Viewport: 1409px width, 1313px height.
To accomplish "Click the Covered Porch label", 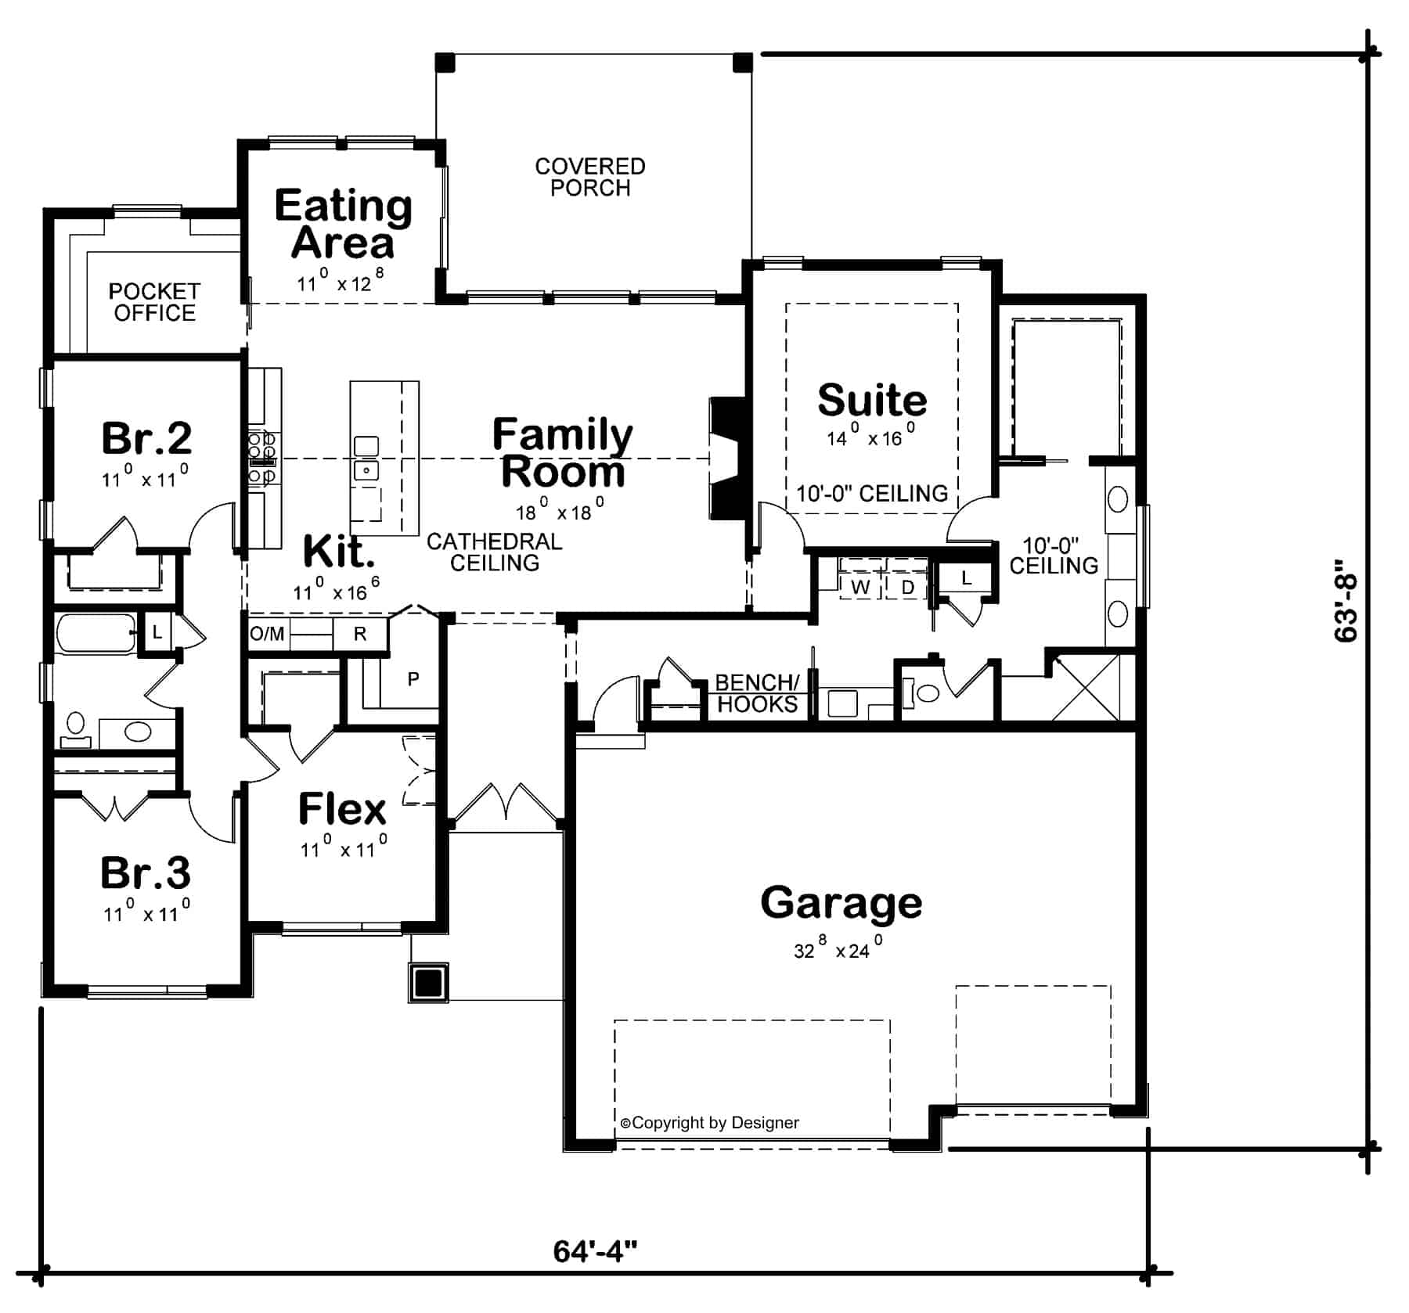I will point(589,177).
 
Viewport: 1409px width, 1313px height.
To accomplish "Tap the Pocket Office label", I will point(154,302).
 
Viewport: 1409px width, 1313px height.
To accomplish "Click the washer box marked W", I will point(860,587).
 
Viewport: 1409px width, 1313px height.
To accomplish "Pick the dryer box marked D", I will point(907,587).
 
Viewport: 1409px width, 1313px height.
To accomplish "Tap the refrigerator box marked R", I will point(359,634).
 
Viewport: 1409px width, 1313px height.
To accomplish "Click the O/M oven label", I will point(267,634).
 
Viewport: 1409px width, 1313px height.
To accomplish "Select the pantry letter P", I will point(413,679).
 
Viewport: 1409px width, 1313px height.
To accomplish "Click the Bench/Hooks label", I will point(756,693).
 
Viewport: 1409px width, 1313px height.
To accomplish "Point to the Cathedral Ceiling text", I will point(494,552).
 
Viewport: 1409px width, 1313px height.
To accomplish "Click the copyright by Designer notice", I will point(709,1123).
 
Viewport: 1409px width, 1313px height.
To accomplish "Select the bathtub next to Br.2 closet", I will point(95,635).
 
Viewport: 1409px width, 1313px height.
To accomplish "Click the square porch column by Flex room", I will point(428,982).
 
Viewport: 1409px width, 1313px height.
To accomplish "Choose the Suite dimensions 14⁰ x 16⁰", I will point(870,438).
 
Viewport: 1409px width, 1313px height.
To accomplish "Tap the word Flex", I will point(342,809).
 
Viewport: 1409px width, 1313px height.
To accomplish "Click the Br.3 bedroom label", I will point(146,873).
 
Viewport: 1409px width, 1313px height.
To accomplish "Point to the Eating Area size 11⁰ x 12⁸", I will point(341,282).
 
